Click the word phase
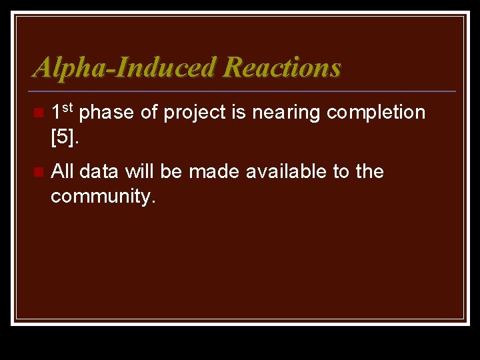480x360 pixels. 107,113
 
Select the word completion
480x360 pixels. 376,113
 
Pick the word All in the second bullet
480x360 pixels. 61,171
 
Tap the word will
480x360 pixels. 139,171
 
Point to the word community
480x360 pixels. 101,197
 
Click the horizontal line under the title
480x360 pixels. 243,91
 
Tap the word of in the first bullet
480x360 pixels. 149,113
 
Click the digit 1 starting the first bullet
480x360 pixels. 57,113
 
